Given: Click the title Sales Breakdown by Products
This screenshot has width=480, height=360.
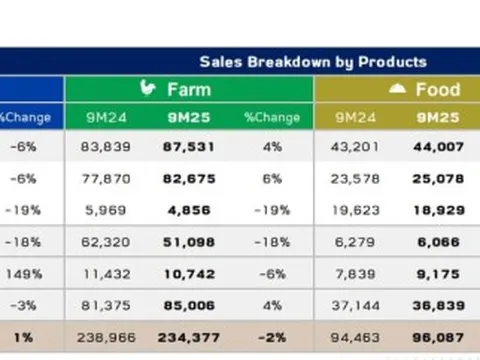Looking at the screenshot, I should (312, 62).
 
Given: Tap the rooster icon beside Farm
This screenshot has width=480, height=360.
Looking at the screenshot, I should (148, 88).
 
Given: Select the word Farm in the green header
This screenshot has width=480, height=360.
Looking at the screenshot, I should (188, 89).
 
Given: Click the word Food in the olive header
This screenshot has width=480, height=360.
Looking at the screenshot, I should (437, 89).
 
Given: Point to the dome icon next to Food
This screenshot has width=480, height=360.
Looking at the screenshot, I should (397, 89).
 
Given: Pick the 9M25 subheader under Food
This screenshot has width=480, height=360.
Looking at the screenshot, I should (437, 117).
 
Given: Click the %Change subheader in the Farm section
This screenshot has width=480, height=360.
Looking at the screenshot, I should (271, 117).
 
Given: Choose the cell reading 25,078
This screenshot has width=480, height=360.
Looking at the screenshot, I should (437, 179).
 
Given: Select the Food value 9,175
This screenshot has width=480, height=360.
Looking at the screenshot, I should (437, 273).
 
